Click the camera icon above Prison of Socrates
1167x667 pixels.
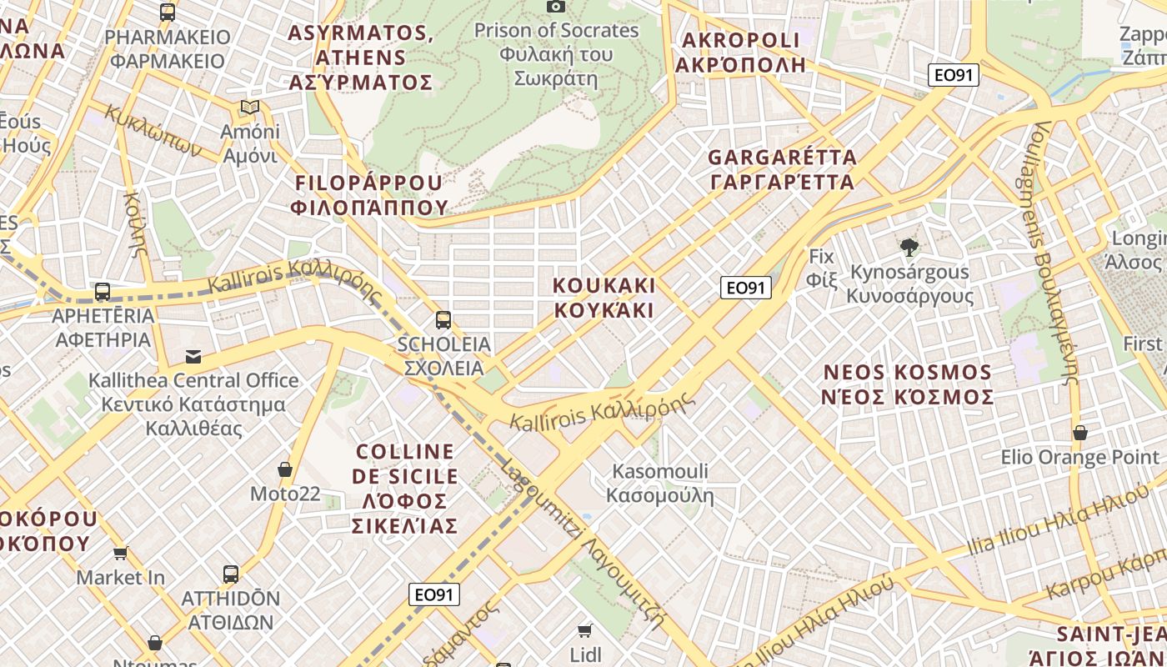556,6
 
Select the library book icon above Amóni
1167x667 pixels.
249,107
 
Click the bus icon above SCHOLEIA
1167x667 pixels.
443,319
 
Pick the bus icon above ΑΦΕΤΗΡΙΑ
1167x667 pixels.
103,292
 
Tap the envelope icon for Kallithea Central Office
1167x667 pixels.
193,357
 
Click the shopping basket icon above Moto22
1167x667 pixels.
285,469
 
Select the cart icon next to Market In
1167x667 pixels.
121,553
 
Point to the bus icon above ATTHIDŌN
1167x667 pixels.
231,574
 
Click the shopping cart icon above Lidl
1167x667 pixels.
585,630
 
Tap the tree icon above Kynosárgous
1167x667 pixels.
909,247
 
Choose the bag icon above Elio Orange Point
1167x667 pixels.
1080,433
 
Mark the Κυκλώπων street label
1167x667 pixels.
154,132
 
